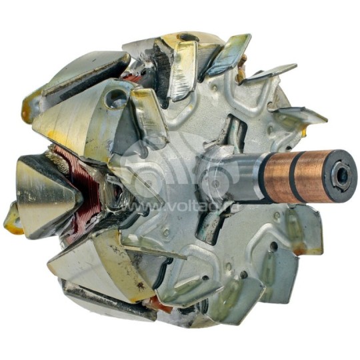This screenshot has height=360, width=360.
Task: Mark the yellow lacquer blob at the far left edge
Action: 12,217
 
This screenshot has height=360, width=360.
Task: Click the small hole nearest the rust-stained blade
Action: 273,247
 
